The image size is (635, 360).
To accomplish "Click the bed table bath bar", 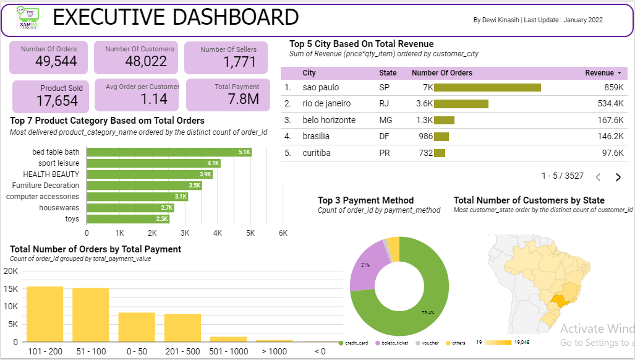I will pyautogui.click(x=169, y=152).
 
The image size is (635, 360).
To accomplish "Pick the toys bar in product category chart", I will pyautogui.click(x=128, y=219).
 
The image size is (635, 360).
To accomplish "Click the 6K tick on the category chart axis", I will pyautogui.click(x=283, y=233).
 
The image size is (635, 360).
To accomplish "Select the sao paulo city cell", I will pyautogui.click(x=320, y=88).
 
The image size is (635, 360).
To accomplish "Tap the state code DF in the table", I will pyautogui.click(x=384, y=136).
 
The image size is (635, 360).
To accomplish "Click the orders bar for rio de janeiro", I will pyautogui.click(x=461, y=104).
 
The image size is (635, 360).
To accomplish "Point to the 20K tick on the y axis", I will pyautogui.click(x=11, y=272).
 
